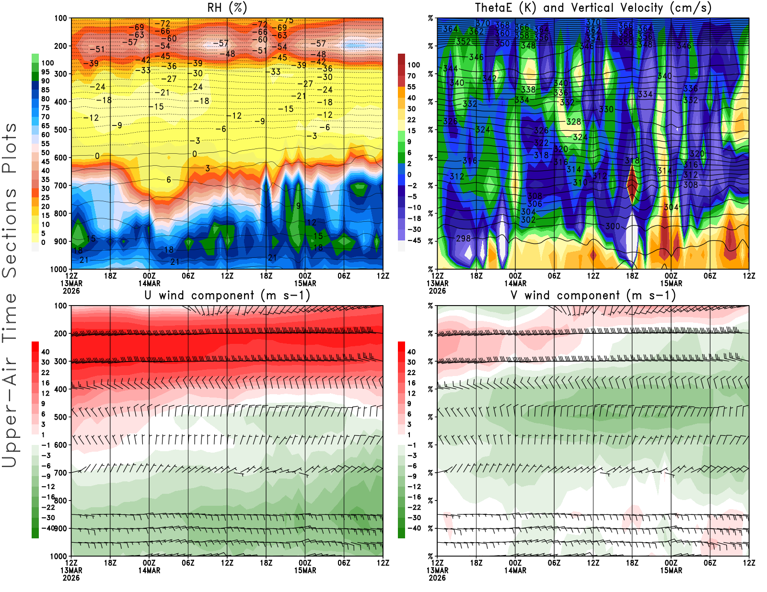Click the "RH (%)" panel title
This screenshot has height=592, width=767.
pyautogui.click(x=227, y=8)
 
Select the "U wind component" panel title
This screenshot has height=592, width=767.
pyautogui.click(x=227, y=295)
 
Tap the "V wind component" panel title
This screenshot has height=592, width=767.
pyautogui.click(x=593, y=295)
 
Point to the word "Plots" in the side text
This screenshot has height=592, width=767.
pyautogui.click(x=10, y=148)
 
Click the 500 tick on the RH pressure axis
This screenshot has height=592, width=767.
pyautogui.click(x=61, y=130)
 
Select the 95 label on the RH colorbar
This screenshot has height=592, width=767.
pyautogui.click(x=45, y=72)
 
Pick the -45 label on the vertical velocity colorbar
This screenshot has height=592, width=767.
pyautogui.click(x=414, y=240)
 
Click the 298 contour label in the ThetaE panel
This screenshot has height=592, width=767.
pyautogui.click(x=463, y=238)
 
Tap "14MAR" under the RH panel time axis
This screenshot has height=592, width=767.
pyautogui.click(x=149, y=283)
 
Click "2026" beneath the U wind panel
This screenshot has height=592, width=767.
pyautogui.click(x=71, y=578)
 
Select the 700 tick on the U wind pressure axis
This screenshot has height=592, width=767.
pyautogui.click(x=61, y=473)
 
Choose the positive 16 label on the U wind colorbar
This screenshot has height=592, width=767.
pyautogui.click(x=46, y=383)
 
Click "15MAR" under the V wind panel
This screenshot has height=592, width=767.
pyautogui.click(x=671, y=570)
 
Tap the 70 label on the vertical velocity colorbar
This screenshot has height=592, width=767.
pyautogui.click(x=411, y=76)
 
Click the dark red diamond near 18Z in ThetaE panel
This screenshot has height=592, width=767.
pyautogui.click(x=632, y=185)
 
